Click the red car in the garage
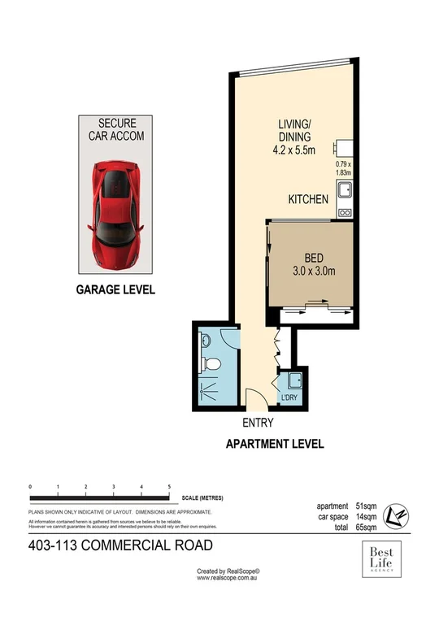(116, 211)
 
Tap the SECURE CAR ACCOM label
(116, 129)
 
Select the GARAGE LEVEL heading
(115, 289)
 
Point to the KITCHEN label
(308, 199)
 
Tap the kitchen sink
(344, 193)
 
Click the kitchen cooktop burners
(344, 213)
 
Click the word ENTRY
(258, 423)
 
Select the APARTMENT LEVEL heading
(274, 444)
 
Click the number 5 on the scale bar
(169, 486)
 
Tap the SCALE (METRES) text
(203, 497)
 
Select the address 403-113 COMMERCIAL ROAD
(120, 545)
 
